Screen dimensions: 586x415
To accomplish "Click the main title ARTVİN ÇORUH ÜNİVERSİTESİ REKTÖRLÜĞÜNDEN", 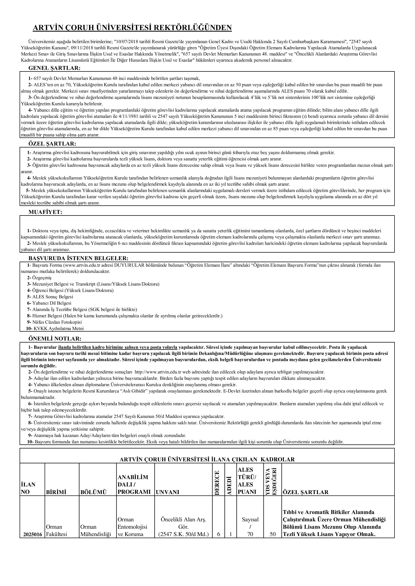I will (x=132, y=28).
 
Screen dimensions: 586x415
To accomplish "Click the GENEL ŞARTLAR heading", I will (x=54, y=68).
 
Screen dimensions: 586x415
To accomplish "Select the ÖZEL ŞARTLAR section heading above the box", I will (x=52, y=144).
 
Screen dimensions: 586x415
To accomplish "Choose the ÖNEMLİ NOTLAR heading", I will (x=55, y=339).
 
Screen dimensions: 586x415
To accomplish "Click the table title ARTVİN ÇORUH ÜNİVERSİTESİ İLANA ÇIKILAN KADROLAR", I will (x=207, y=459).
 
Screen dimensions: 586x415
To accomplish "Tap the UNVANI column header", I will (x=167, y=492).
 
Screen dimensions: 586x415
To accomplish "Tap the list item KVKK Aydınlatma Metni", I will (x=58, y=329).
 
